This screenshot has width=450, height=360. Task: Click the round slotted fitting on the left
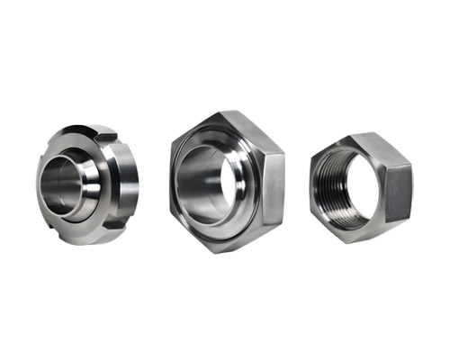click(85, 184)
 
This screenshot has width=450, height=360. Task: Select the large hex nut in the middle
click(225, 180)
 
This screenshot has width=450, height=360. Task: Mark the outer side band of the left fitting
click(126, 189)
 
